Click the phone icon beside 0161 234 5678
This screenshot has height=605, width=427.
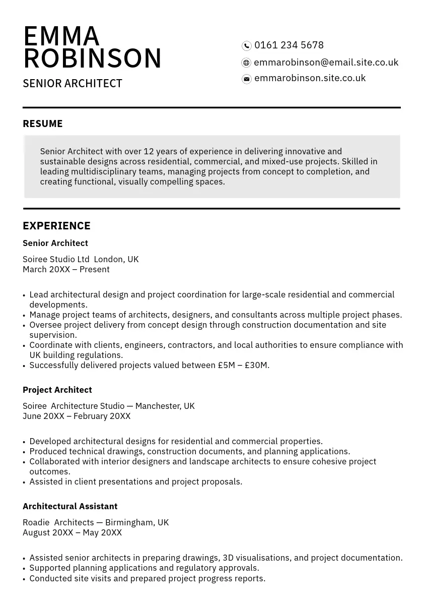point(247,46)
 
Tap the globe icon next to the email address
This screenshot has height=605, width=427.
point(246,63)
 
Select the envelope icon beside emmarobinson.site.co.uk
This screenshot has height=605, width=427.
point(247,79)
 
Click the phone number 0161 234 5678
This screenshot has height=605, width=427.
point(289,45)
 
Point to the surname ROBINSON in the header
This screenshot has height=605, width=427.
point(93,58)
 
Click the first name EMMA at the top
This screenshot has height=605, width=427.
point(61,36)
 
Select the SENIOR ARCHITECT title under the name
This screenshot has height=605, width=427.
point(73,84)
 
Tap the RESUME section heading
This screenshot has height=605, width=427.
point(43,124)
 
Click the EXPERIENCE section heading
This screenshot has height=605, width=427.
point(56,226)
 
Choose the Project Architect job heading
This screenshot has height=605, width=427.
point(57,390)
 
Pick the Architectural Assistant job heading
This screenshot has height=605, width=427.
point(70,506)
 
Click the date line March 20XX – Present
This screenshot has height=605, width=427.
point(66,270)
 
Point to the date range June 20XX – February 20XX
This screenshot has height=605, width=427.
point(77,416)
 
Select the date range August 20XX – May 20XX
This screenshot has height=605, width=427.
point(72,533)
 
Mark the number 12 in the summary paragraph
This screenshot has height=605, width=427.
point(149,152)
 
